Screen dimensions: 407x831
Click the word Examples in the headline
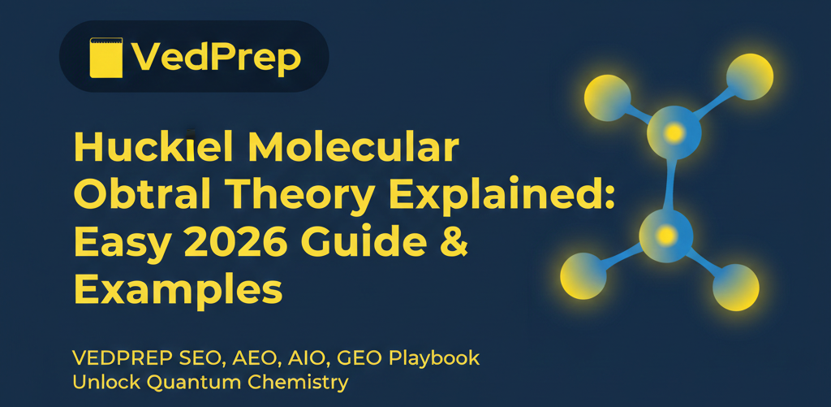coord(178,288)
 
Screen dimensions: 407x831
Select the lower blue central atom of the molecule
coord(666,236)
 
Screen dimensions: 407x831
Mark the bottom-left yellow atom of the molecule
coord(584,277)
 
